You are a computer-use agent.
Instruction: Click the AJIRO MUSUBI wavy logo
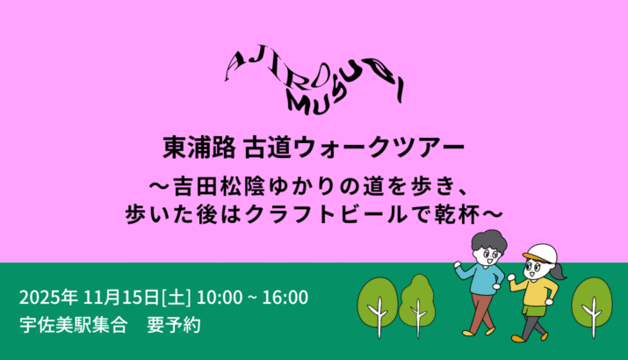pos(314,81)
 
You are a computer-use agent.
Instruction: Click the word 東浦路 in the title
pos(199,147)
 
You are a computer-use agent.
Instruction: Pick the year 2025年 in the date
pos(48,298)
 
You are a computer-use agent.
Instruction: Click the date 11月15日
pos(121,298)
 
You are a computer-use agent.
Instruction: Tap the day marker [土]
pos(176,298)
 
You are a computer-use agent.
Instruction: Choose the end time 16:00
pos(285,298)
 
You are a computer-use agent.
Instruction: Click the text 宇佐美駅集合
pos(74,325)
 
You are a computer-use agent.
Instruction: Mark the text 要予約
pos(173,325)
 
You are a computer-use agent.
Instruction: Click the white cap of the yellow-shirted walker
pos(541,253)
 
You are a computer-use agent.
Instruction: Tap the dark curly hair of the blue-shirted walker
pos(488,239)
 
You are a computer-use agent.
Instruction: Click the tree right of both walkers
pos(592,303)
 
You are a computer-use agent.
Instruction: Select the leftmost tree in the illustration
pos(378,303)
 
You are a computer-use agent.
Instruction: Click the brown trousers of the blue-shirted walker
pos(479,313)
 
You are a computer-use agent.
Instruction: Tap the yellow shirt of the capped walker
pos(536,292)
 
